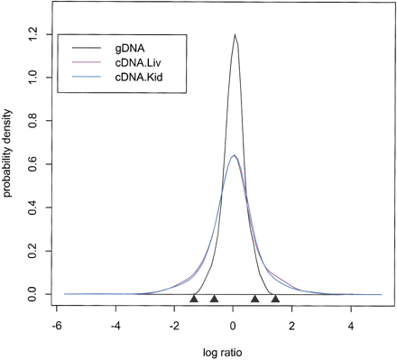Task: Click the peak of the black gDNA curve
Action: pos(235,35)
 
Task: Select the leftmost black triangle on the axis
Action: pos(194,298)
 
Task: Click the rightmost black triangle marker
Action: pos(275,298)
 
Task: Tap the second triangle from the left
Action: pos(214,298)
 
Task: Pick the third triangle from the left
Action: pos(255,298)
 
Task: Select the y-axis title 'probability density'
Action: pos(8,163)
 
